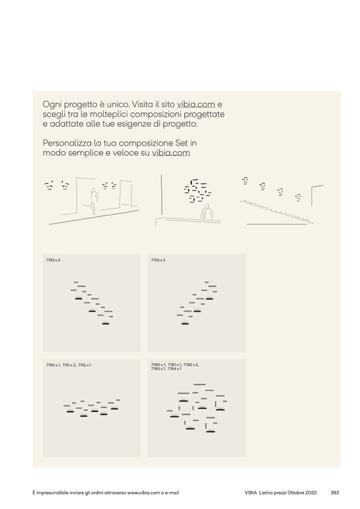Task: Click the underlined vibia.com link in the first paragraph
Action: [196, 105]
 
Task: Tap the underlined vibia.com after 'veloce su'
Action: [171, 152]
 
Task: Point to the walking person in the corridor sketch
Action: [93, 201]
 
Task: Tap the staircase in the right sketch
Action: [277, 212]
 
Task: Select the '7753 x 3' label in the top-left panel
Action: [53, 261]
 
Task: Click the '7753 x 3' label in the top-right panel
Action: [158, 261]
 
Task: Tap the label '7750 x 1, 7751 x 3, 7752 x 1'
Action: [69, 365]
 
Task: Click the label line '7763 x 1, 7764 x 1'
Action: [166, 369]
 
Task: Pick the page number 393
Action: [335, 493]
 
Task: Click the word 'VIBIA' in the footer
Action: [251, 493]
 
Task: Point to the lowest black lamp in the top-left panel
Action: [106, 324]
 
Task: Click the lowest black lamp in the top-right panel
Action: [185, 324]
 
